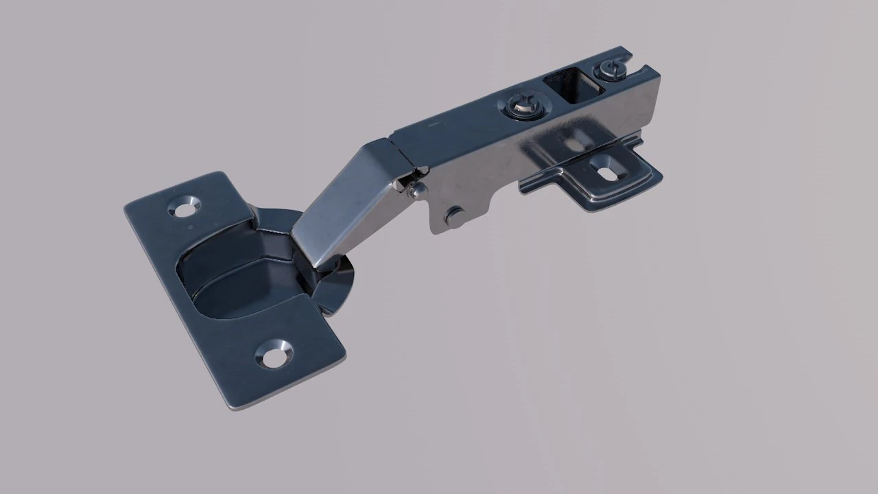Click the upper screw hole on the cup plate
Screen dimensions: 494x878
pos(184,208)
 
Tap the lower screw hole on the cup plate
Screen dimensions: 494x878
pos(274,353)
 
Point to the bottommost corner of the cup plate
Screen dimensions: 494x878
pos(237,408)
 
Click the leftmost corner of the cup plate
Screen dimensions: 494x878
pos(126,207)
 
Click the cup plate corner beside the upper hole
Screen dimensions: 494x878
pos(221,175)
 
